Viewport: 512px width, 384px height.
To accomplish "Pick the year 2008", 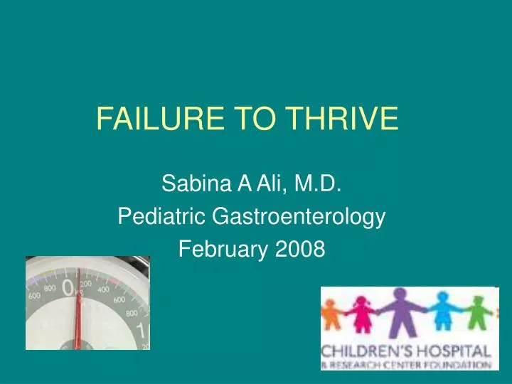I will pos(301,248).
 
